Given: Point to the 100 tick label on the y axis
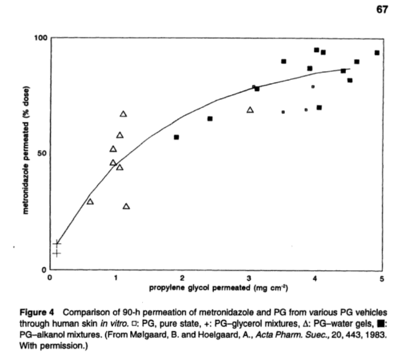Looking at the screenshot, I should tap(41, 39).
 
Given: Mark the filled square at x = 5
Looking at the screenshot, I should tap(377, 52).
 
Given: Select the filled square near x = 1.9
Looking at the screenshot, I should tap(176, 137).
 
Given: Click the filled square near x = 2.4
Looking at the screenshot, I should tap(210, 119).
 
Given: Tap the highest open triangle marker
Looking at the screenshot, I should tap(123, 114).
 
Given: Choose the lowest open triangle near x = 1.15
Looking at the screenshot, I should tap(126, 206).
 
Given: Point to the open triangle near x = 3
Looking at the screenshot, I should tap(250, 110).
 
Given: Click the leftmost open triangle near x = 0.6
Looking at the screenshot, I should tap(90, 201).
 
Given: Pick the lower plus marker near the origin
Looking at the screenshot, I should tap(57, 253).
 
